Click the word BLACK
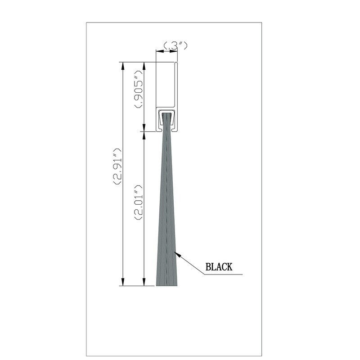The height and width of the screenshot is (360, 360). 219,267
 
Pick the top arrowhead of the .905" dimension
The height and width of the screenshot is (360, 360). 144,64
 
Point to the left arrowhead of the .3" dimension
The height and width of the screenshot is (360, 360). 157,52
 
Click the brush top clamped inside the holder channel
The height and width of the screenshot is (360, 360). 166,118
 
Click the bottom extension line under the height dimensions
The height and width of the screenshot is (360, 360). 135,286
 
